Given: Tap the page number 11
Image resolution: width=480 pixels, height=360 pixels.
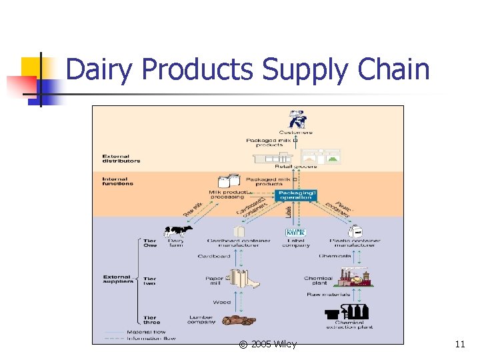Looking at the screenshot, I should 459,344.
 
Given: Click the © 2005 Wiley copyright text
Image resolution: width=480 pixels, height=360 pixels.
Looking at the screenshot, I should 267,344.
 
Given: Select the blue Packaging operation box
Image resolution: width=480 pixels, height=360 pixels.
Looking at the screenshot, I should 295,195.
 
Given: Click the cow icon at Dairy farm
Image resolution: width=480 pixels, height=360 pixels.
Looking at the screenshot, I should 178,231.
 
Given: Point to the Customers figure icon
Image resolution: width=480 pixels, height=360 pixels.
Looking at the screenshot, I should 297,119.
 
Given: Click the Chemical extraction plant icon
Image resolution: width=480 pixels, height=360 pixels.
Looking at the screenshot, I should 347,311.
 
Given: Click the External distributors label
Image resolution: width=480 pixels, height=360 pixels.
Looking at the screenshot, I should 121,159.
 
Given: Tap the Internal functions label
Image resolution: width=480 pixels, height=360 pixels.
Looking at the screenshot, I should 117,181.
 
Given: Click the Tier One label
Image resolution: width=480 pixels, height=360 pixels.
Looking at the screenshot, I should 150,243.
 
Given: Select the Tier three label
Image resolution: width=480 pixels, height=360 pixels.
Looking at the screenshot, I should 150,321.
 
